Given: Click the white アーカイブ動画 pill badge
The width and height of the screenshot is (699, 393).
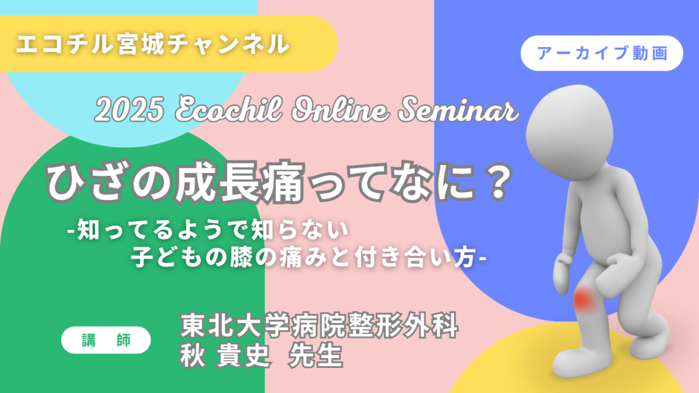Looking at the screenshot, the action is pyautogui.click(x=602, y=53).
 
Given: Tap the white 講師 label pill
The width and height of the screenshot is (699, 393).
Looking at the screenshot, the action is pyautogui.click(x=106, y=340).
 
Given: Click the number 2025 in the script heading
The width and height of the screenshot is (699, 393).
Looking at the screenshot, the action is pyautogui.click(x=129, y=110).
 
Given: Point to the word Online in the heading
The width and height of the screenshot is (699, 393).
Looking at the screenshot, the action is pyautogui.click(x=340, y=109).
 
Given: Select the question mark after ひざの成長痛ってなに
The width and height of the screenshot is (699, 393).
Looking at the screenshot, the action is pyautogui.click(x=499, y=182).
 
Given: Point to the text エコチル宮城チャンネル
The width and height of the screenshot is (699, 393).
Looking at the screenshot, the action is pyautogui.click(x=153, y=44).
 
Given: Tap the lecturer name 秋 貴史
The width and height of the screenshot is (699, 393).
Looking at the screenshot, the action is pyautogui.click(x=224, y=356).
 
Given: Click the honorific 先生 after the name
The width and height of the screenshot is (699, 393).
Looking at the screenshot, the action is pyautogui.click(x=316, y=356).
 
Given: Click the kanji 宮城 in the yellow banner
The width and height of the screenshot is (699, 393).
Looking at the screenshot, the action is pyautogui.click(x=141, y=44).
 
